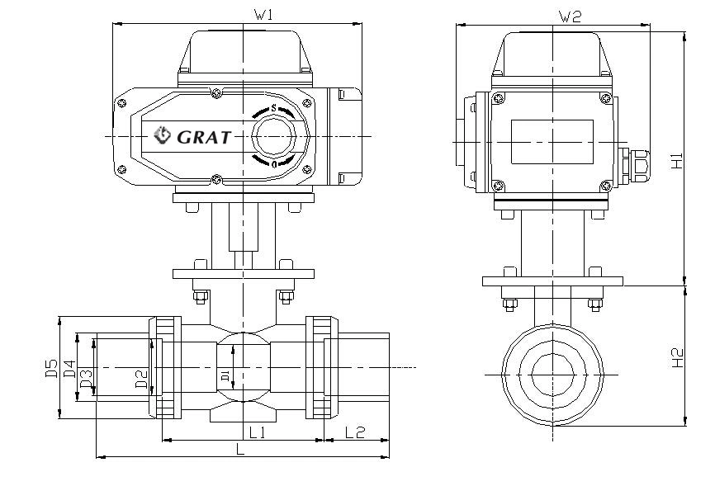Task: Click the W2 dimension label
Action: [x=571, y=16]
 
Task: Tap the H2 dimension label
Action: [x=676, y=357]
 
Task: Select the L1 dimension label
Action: [x=257, y=431]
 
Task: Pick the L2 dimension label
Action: [x=356, y=431]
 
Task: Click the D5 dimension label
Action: [x=51, y=367]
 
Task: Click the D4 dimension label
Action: [x=70, y=369]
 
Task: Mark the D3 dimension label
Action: [x=85, y=378]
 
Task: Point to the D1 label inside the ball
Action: [x=225, y=376]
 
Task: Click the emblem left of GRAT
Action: [x=163, y=134]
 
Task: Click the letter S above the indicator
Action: [x=274, y=108]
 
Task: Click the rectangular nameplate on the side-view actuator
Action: [x=552, y=141]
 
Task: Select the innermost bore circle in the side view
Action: [x=552, y=375]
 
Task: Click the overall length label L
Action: [x=239, y=449]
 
